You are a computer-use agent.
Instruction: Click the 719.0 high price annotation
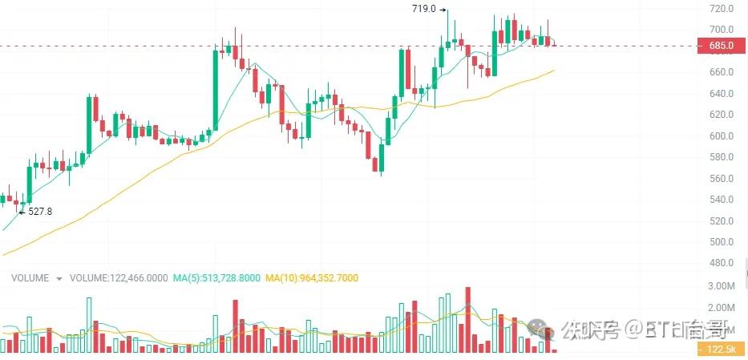click(423, 9)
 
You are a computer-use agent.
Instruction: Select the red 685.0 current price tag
click(721, 47)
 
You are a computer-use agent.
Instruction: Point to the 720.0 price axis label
click(721, 9)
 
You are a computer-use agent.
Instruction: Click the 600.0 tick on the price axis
click(721, 136)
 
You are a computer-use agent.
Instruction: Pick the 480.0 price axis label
click(721, 263)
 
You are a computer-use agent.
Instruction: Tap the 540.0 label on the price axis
click(721, 200)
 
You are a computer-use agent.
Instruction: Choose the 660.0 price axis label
click(721, 72)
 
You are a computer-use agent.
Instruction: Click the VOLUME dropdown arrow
click(59, 279)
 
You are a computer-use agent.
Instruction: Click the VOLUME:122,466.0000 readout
click(119, 278)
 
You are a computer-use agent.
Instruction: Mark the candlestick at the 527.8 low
click(22, 203)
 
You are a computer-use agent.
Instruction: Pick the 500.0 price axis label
click(721, 242)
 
